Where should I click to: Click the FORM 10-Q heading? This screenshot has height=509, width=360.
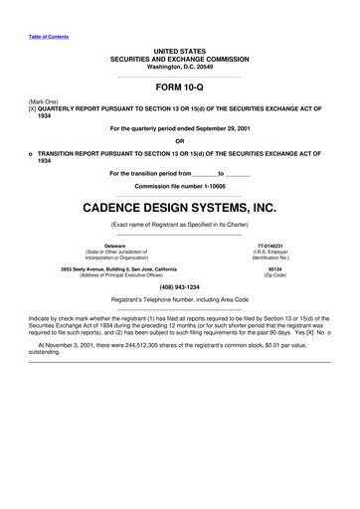pos(179,86)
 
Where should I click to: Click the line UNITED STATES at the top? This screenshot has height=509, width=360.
pos(179,50)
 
